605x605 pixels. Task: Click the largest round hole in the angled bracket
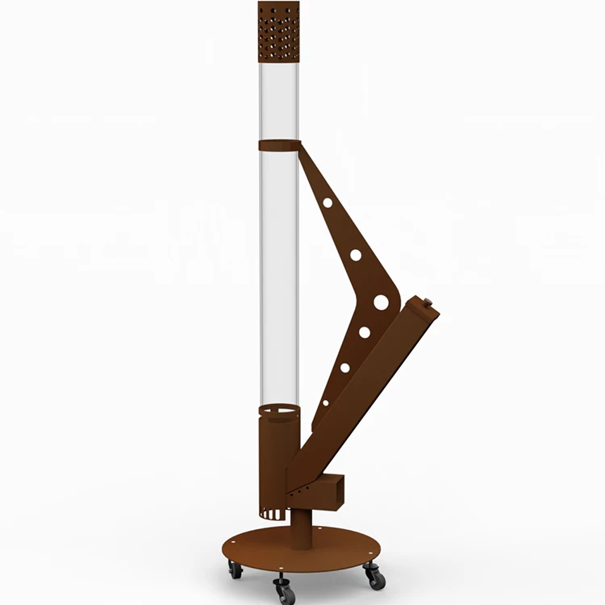[x=381, y=302]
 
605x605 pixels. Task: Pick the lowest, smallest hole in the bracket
[x=326, y=402]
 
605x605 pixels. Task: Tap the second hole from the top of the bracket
[x=356, y=255]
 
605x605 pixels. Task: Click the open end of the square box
[x=338, y=490]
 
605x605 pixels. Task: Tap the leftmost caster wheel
[x=235, y=570]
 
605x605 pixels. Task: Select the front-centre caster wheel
[x=285, y=590]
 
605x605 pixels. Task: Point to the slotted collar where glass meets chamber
[x=277, y=413]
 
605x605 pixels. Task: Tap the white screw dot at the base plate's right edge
[x=369, y=542]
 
